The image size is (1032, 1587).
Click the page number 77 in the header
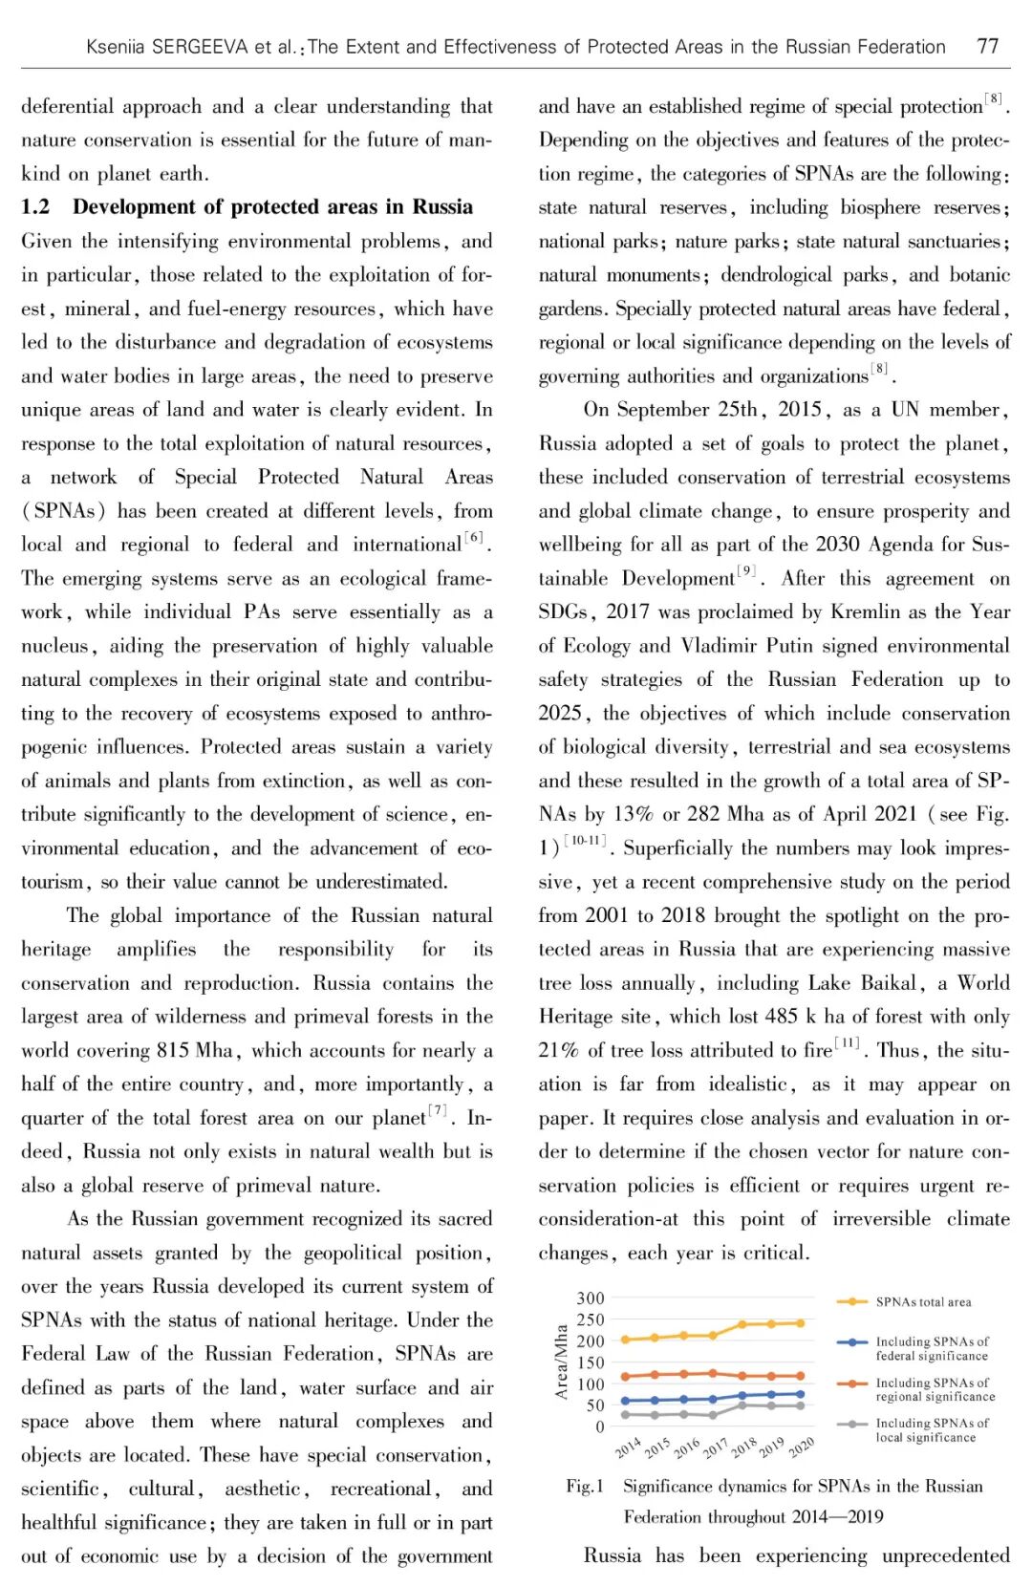coord(987,46)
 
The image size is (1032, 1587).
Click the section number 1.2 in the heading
coord(35,207)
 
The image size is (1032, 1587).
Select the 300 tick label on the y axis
coord(591,1298)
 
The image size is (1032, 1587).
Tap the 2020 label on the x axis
coord(801,1447)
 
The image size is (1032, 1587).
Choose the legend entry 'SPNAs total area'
coord(922,1302)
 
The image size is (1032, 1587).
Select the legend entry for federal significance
coord(932,1348)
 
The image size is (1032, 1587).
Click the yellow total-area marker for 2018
coord(742,1325)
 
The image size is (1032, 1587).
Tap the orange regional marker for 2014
coord(626,1377)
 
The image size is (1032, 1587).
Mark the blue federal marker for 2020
coord(800,1394)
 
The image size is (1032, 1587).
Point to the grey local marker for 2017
coord(713,1415)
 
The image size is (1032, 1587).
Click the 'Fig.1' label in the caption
coord(585,1487)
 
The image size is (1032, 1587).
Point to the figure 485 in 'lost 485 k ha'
coord(782,1017)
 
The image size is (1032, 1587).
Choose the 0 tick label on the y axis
coord(600,1426)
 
